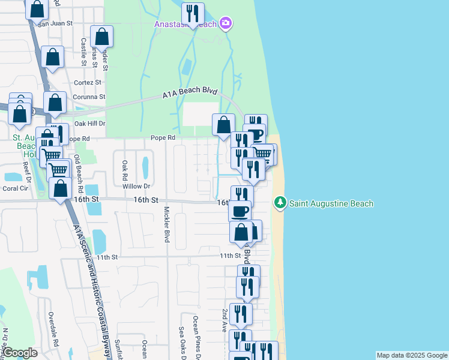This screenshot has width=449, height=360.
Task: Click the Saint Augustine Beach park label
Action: point(331,203)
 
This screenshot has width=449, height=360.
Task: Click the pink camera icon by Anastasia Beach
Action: point(226,24)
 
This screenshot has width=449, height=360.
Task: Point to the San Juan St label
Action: point(55,24)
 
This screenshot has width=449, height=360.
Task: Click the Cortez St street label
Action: point(89,82)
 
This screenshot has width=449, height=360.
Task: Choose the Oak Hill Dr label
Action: point(88,124)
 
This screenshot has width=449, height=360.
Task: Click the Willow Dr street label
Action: point(136,186)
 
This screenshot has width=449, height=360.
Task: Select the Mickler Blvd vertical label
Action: point(166,226)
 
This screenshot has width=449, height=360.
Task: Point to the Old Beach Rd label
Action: point(79,178)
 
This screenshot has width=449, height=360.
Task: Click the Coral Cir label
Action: point(16,188)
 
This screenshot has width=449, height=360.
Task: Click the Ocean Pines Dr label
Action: point(195,336)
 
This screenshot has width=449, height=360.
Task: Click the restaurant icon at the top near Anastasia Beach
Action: point(193,14)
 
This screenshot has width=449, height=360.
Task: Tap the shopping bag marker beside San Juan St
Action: point(37,10)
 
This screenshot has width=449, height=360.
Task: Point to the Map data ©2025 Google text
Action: point(411,355)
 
